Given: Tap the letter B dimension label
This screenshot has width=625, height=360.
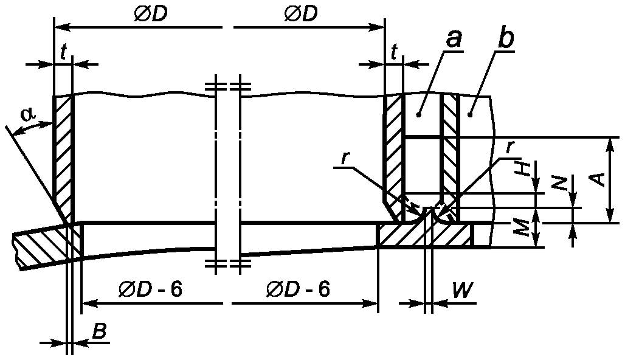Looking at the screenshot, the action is pyautogui.click(x=99, y=331).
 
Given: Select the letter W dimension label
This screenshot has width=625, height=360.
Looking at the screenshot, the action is pyautogui.click(x=463, y=291).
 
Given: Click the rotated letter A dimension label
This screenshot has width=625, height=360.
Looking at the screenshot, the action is pyautogui.click(x=598, y=179).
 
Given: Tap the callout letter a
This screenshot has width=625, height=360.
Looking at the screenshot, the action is pyautogui.click(x=454, y=40).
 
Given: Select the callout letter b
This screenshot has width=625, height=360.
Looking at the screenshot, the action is pyautogui.click(x=506, y=39).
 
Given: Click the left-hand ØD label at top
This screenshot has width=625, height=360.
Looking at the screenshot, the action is pyautogui.click(x=150, y=14).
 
